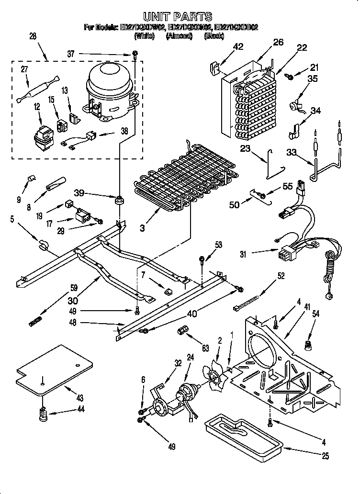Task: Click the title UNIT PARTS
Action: point(178,18)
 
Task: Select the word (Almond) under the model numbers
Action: point(179,36)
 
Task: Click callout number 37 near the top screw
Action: point(71,54)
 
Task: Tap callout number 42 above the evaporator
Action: point(238,46)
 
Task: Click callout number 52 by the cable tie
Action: point(281,275)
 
